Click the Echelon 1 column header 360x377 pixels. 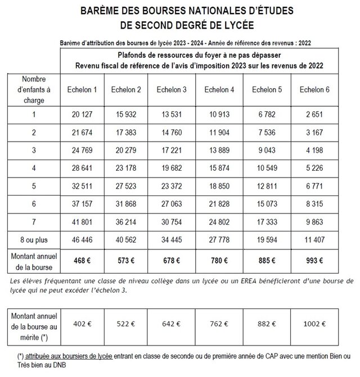(80, 90)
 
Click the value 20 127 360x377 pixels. (80, 115)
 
